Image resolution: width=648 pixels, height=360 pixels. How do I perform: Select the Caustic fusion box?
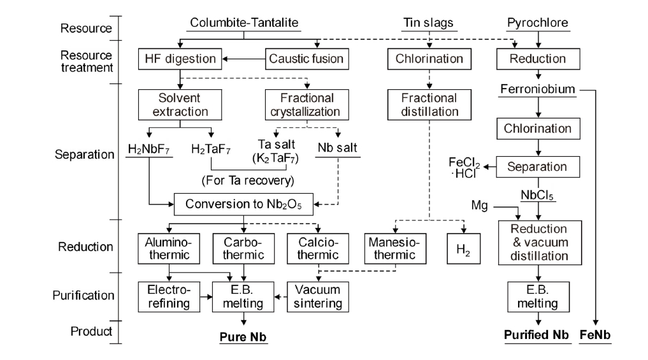[x=306, y=59]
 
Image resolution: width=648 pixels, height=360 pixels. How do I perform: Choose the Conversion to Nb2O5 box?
[x=244, y=205]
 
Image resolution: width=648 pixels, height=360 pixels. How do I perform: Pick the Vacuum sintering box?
[x=319, y=296]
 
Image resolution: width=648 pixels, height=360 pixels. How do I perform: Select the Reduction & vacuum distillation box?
[x=538, y=242]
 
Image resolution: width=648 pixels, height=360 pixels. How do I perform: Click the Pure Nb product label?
[x=243, y=336]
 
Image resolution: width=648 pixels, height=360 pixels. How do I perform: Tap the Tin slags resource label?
[x=429, y=24]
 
